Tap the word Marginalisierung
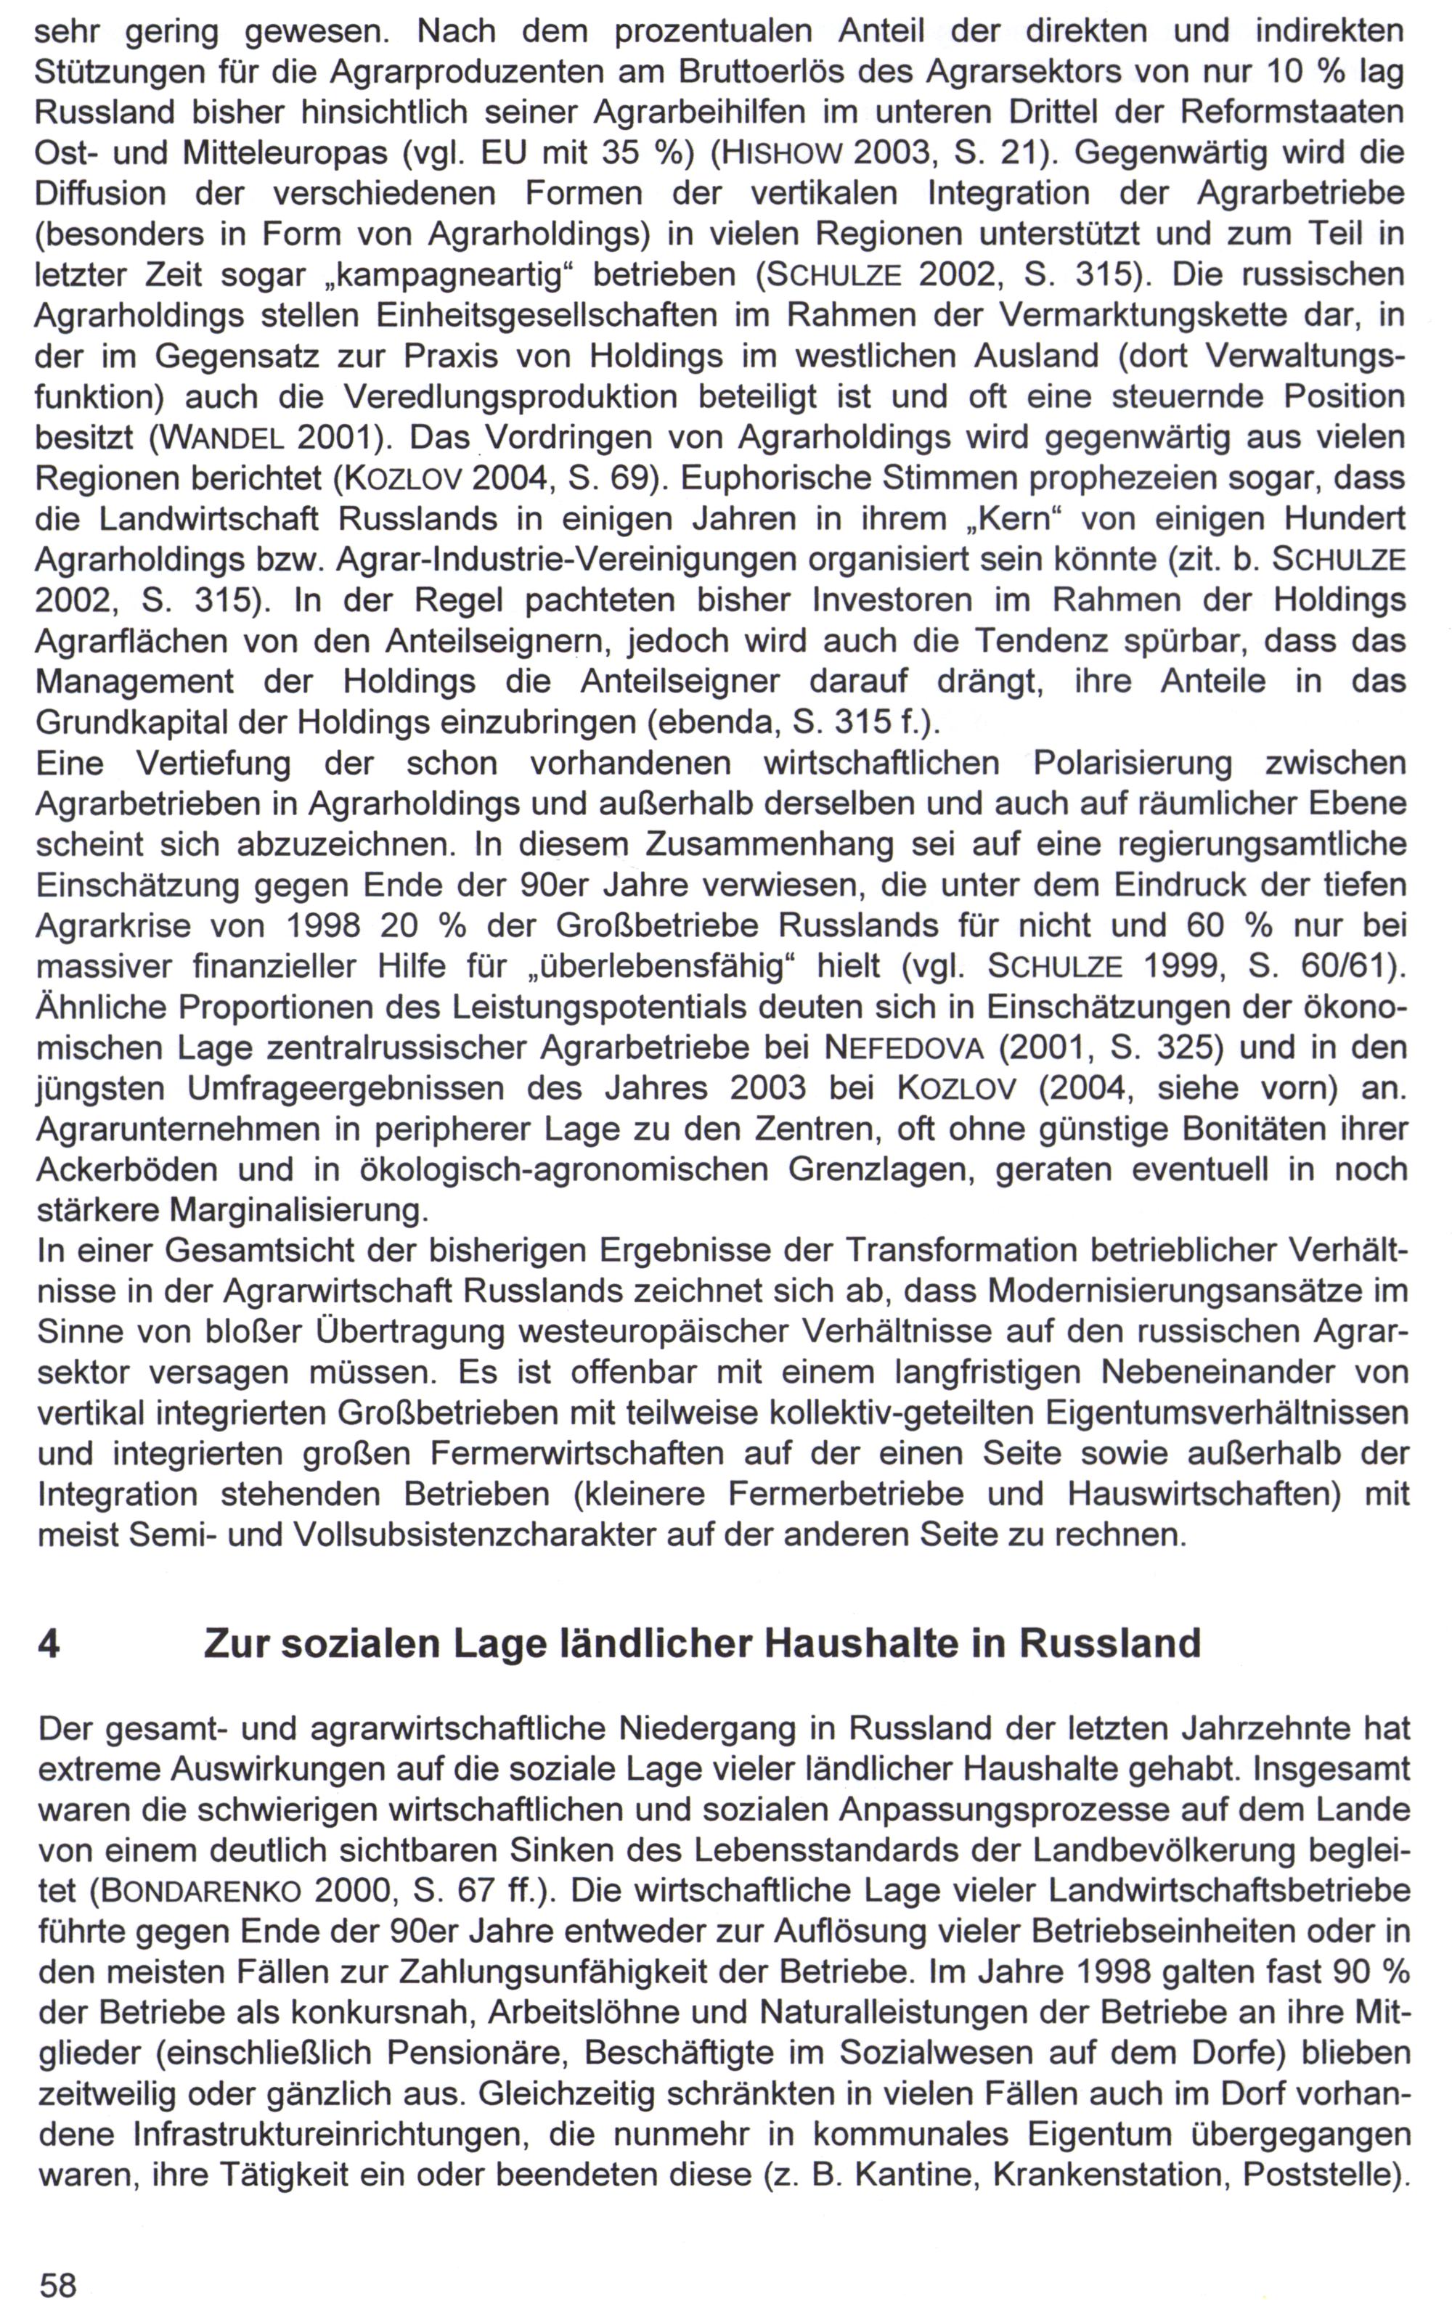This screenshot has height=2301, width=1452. [x=297, y=1211]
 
